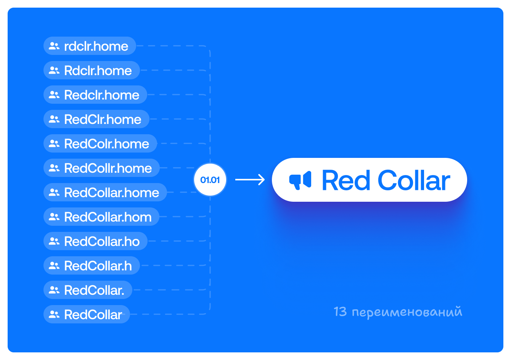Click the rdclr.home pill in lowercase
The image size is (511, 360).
click(x=90, y=46)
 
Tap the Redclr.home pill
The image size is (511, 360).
click(x=95, y=95)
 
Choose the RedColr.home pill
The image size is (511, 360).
click(x=100, y=143)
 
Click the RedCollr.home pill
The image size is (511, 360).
click(x=101, y=168)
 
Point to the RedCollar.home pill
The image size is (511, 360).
click(x=105, y=192)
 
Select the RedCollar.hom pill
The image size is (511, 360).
click(x=101, y=217)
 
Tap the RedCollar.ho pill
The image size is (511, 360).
click(x=95, y=241)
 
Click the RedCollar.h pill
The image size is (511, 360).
click(x=92, y=265)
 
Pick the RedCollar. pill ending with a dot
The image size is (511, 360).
click(x=88, y=290)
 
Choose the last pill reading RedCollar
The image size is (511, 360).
click(x=87, y=314)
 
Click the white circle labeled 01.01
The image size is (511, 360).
click(x=210, y=180)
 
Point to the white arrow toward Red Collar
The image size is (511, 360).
click(x=250, y=180)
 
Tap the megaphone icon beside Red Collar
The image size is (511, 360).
click(x=300, y=180)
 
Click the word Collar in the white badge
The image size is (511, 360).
click(x=414, y=180)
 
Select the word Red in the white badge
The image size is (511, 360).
click(x=346, y=180)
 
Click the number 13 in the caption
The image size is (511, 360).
click(x=340, y=312)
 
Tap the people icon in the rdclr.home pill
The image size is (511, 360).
click(x=54, y=46)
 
